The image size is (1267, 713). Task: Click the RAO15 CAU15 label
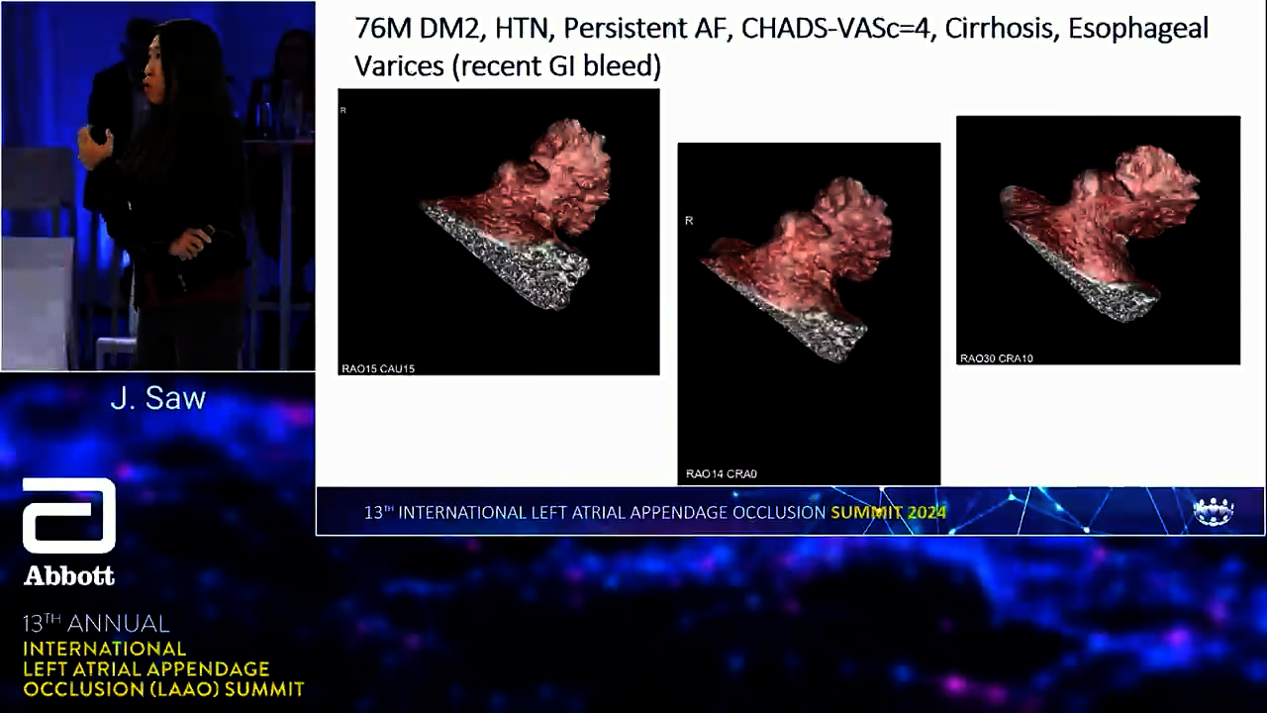click(378, 368)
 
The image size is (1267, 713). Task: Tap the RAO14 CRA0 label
click(722, 473)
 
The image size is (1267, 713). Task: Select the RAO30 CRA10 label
click(996, 358)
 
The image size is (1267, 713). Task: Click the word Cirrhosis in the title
click(997, 29)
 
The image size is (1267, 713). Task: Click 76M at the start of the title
click(383, 29)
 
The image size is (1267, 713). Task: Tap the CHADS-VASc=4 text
click(835, 29)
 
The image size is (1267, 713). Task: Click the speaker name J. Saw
click(157, 398)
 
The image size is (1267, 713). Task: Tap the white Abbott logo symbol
click(69, 516)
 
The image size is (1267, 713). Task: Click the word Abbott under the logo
click(69, 576)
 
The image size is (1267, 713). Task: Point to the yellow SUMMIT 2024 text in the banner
click(888, 513)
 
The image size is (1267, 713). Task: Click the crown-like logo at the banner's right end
click(1213, 512)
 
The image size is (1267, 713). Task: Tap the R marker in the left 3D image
click(342, 110)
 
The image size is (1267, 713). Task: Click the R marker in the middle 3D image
click(689, 221)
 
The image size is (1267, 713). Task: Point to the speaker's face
click(154, 70)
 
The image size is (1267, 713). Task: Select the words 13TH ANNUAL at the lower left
click(96, 624)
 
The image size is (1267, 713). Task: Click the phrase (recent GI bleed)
click(556, 66)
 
